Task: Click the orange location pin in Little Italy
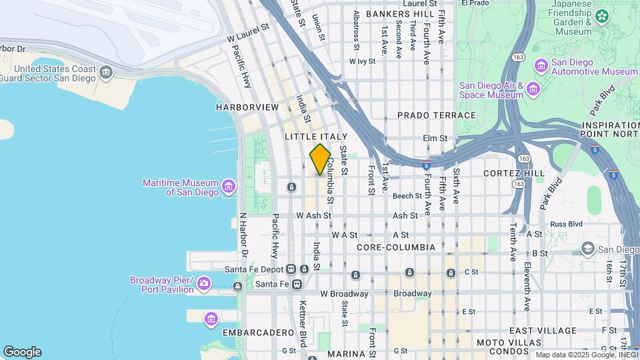point(320,159)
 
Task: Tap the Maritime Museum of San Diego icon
point(229,185)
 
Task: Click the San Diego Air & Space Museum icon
point(533,89)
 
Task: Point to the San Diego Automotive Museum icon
point(541,65)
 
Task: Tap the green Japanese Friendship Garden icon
point(602,15)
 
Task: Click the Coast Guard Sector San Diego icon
point(105,71)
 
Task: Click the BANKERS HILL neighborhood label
point(396,13)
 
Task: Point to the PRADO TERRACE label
point(437,115)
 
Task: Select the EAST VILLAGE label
point(543,331)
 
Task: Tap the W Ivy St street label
point(363,61)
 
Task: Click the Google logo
point(22,352)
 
